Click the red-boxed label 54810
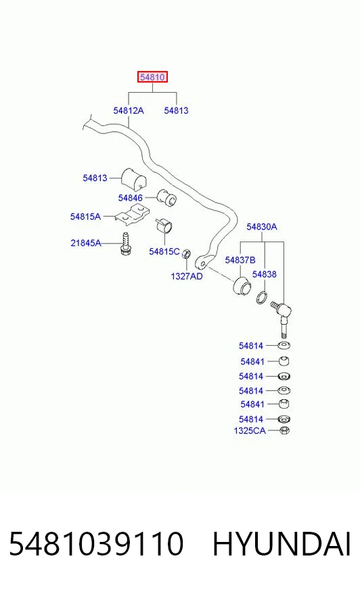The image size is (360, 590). [152, 77]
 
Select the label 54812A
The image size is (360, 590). [129, 111]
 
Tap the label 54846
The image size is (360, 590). [130, 198]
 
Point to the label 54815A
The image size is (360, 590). [85, 217]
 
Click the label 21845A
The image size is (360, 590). [86, 243]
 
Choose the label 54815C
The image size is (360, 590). [164, 251]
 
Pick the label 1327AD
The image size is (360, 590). [187, 277]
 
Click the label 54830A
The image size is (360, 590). [262, 227]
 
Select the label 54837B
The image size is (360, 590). [240, 260]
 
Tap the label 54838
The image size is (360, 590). [265, 274]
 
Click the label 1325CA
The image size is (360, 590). [250, 431]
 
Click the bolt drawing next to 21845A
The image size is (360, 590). [125, 244]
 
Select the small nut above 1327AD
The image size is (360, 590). [186, 254]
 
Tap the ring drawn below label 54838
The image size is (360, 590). [262, 297]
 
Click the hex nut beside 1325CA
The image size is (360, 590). [285, 430]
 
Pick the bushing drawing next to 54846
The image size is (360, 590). [166, 197]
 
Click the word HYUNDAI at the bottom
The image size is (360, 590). [282, 544]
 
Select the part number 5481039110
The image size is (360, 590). [96, 544]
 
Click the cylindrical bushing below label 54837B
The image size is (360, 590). [241, 286]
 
